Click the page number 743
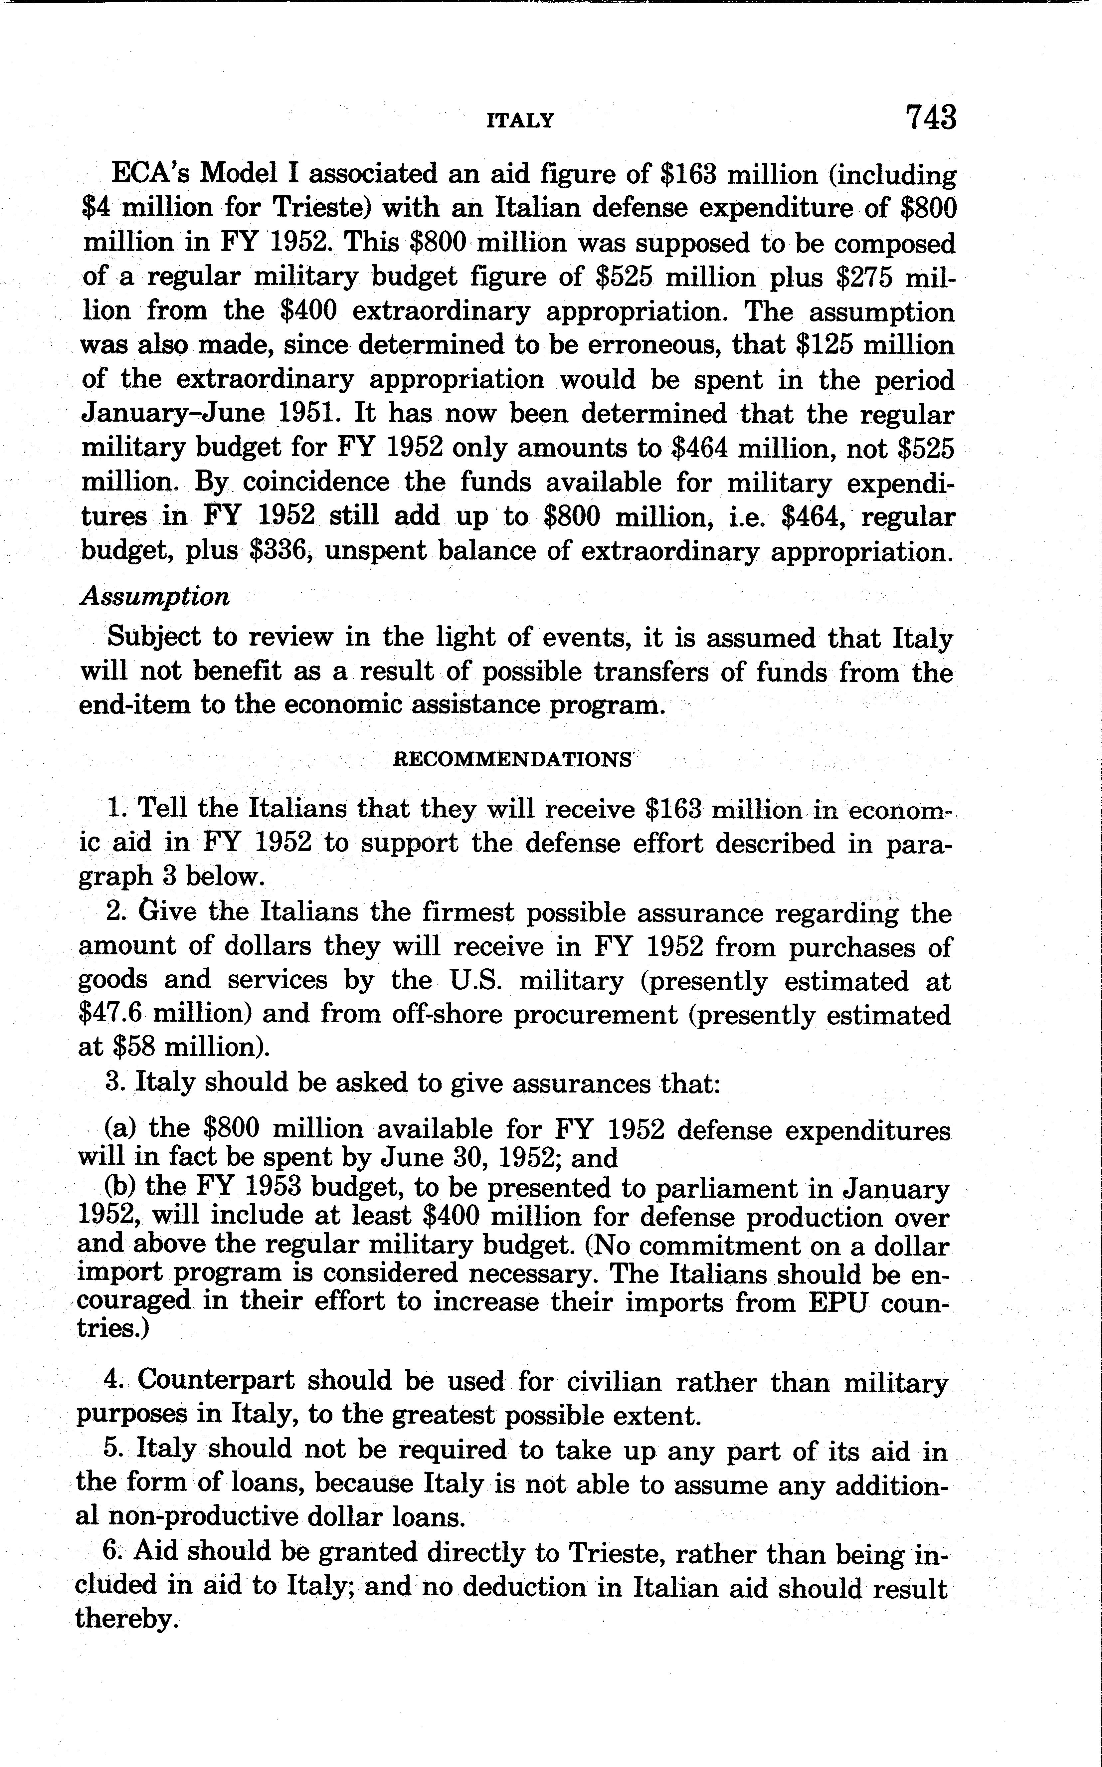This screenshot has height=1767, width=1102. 930,117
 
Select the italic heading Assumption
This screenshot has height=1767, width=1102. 154,596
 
